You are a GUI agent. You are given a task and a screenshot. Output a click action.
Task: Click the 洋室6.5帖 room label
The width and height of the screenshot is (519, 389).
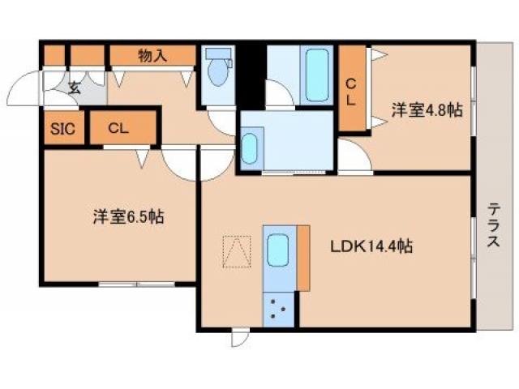point(128,217)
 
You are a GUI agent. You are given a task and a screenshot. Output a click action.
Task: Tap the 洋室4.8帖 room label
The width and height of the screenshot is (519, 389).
point(427,109)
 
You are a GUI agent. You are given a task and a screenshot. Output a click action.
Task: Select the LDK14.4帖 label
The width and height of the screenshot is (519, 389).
point(371,246)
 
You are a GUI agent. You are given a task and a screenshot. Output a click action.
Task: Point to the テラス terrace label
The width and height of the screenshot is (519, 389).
point(493,225)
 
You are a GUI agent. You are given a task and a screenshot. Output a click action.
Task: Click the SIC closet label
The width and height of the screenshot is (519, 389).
point(62,128)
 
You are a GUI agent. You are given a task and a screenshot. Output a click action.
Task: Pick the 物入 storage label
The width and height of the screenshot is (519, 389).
point(152,56)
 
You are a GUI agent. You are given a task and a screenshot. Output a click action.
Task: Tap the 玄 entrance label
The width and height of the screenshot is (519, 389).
point(75,88)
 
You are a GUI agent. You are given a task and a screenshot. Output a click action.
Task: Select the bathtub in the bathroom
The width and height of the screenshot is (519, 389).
point(317,75)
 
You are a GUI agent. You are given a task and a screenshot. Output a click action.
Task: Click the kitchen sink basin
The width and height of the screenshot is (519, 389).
point(277,250)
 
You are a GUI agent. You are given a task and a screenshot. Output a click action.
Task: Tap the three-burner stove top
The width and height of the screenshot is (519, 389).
point(278,310)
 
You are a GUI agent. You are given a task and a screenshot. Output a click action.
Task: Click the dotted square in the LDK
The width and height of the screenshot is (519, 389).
point(237,251)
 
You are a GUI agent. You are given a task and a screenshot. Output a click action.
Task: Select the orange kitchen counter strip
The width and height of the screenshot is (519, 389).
point(303,258)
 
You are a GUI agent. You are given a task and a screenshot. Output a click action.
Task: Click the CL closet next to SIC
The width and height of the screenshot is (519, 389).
point(122,128)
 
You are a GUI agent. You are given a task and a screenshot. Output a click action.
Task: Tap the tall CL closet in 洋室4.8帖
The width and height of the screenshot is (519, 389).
point(353,88)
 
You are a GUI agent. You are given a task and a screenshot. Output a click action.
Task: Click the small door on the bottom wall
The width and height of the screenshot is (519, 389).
point(240,337)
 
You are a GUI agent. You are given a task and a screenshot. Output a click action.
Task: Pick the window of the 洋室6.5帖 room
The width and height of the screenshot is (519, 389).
point(137,284)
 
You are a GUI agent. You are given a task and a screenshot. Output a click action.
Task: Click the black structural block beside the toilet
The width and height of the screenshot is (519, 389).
point(251,76)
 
